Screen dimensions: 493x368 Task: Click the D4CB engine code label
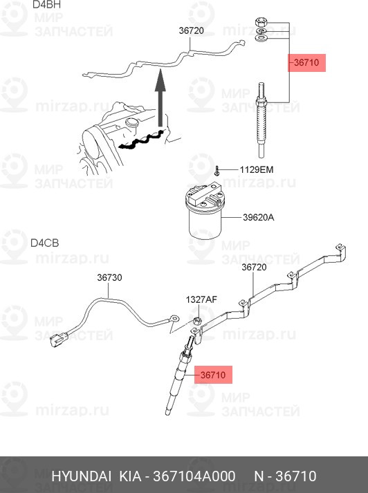point(45,243)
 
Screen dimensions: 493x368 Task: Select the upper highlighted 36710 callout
point(306,63)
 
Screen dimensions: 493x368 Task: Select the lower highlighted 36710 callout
point(213,375)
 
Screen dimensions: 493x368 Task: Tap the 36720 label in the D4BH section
point(191,30)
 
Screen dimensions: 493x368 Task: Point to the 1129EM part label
point(257,169)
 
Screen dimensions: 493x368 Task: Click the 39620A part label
point(258,217)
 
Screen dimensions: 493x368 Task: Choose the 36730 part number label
point(109,277)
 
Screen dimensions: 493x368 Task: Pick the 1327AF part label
point(201,299)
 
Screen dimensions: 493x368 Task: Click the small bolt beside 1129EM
point(216,169)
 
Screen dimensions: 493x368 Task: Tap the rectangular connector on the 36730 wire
point(57,339)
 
